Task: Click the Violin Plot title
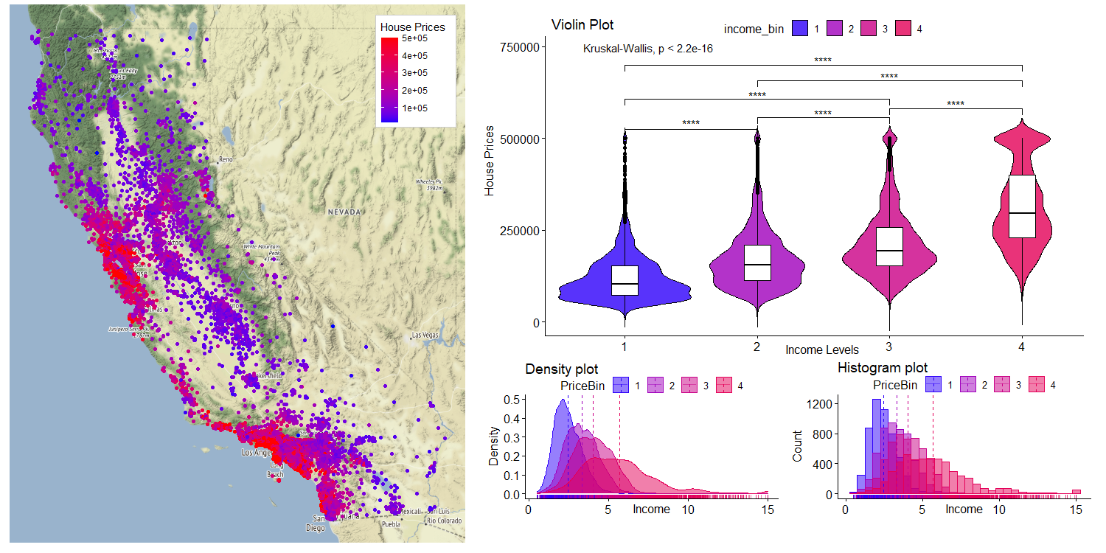pos(582,26)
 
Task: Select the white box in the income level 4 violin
pos(1022,206)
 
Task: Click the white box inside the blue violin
pos(625,280)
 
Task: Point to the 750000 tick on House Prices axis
pos(521,47)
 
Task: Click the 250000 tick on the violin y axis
pos(521,230)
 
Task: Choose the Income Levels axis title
pos(822,349)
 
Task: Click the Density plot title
pos(562,369)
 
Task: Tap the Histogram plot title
pos(883,367)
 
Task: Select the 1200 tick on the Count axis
pos(823,404)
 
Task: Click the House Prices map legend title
pos(413,27)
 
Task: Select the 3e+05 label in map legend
pos(416,73)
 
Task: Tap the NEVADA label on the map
pos(345,212)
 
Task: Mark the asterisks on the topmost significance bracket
pos(823,60)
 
